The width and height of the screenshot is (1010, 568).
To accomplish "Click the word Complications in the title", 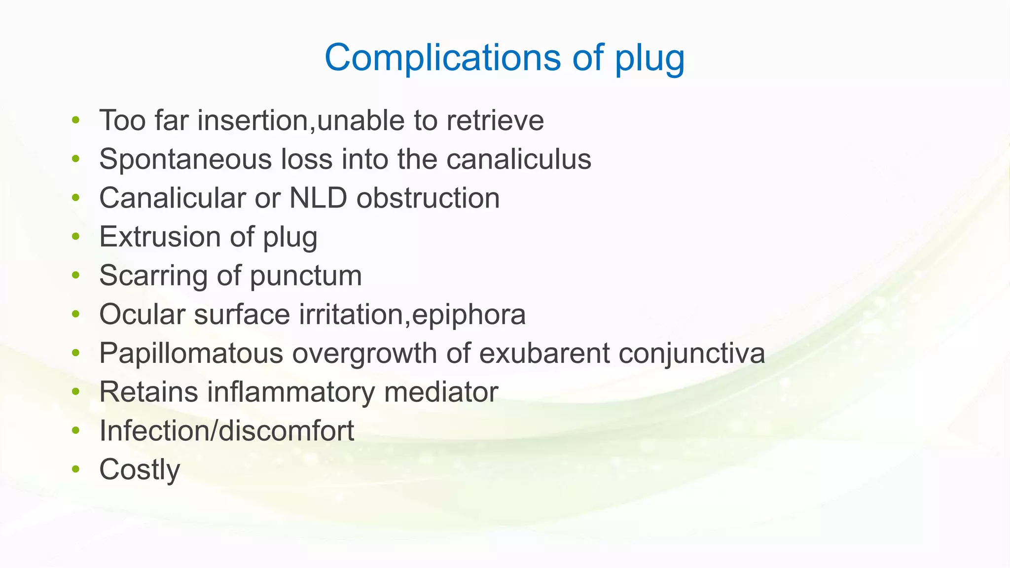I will click(442, 57).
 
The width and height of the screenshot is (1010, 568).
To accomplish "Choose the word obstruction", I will click(428, 198).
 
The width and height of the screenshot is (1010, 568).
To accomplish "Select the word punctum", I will click(306, 276).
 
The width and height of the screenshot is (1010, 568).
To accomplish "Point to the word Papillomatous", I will click(191, 353).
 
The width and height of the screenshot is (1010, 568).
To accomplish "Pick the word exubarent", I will click(544, 353).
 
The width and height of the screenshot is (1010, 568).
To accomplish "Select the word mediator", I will click(441, 392).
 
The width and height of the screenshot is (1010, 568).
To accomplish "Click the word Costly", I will click(140, 469).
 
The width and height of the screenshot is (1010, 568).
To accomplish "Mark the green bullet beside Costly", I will click(75, 469).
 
